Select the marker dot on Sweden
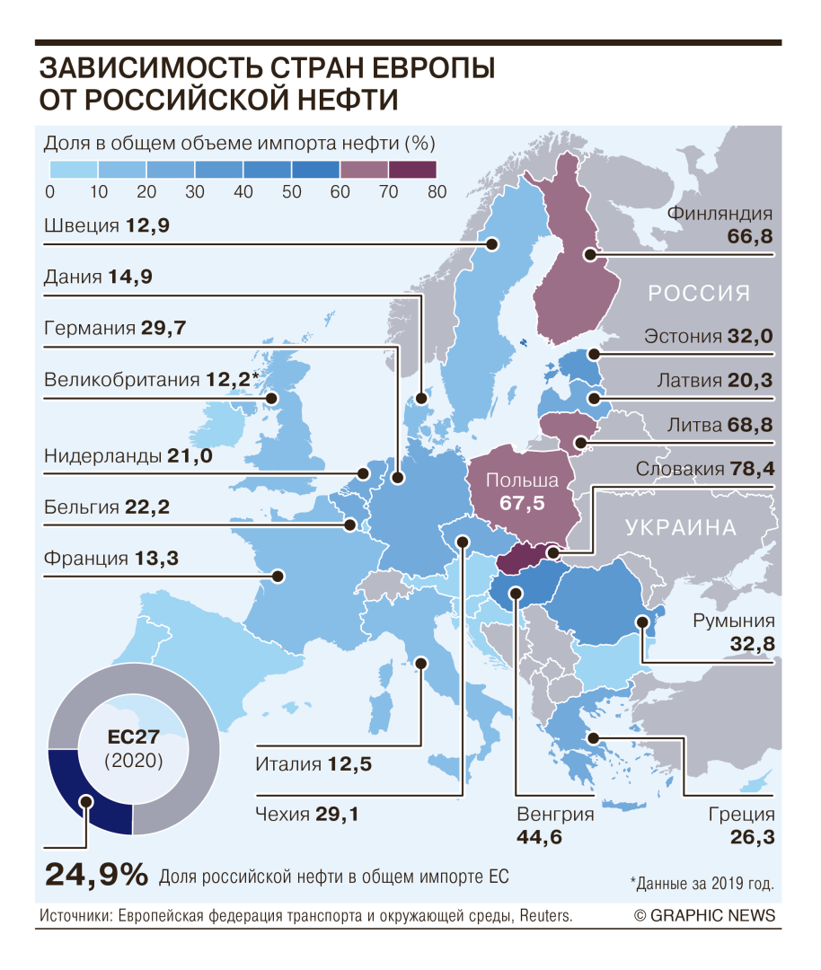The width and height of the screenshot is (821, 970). coord(492,243)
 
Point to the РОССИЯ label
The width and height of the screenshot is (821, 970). coord(699,294)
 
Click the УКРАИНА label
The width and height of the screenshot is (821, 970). coord(682,527)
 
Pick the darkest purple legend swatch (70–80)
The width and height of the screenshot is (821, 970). coord(411,169)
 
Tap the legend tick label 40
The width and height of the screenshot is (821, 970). coord(243,191)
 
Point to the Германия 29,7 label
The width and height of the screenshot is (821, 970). coord(115,328)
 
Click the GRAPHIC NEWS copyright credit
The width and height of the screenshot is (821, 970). coord(704,915)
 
